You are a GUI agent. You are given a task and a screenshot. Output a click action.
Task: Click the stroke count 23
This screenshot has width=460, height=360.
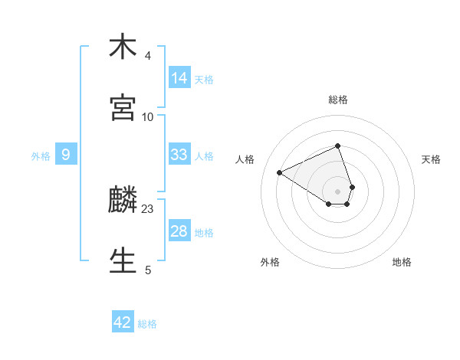click(148, 208)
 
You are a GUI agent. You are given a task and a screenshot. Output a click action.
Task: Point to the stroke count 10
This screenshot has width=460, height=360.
click(148, 116)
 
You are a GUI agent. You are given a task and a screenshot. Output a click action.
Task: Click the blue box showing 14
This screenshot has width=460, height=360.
click(179, 78)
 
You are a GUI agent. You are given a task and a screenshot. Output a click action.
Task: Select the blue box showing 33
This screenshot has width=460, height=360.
click(179, 155)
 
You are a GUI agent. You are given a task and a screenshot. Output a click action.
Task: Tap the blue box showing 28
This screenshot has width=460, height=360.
click(179, 231)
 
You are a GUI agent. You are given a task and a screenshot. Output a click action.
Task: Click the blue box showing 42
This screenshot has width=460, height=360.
click(123, 322)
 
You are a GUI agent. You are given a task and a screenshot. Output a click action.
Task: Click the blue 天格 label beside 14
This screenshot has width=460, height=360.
click(204, 80)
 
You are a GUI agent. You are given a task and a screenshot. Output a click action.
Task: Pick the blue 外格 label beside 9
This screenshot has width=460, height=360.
click(41, 156)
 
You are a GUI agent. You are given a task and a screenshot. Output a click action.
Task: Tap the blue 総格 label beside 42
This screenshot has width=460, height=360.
click(147, 324)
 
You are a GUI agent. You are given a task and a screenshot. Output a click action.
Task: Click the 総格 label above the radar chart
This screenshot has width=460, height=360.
click(338, 100)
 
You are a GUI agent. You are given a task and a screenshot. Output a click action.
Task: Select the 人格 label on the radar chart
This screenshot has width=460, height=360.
click(245, 159)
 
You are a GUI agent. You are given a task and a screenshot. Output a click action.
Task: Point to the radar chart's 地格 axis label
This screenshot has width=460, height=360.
click(402, 262)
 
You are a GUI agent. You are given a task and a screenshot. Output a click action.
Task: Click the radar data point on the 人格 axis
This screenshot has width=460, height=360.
click(280, 172)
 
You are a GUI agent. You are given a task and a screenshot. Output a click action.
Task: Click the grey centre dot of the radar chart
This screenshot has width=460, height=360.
click(338, 191)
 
